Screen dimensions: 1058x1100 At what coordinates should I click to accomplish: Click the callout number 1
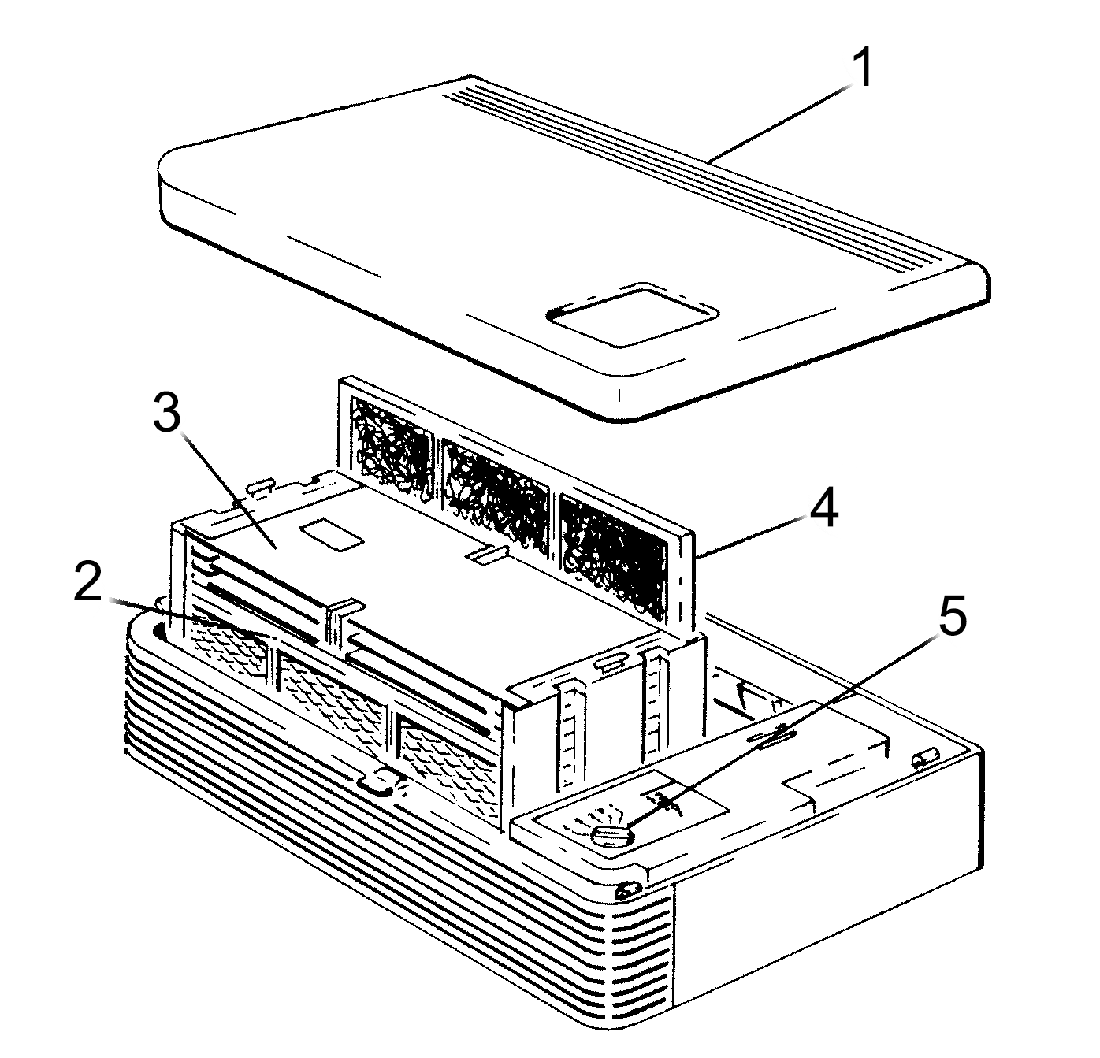pyautogui.click(x=864, y=68)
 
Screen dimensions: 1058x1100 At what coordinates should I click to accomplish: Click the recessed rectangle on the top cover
pyautogui.click(x=633, y=314)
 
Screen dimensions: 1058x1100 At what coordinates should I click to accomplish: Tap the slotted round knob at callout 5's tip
pyautogui.click(x=611, y=835)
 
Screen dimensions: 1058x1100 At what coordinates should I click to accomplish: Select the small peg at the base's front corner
pyautogui.click(x=627, y=891)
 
